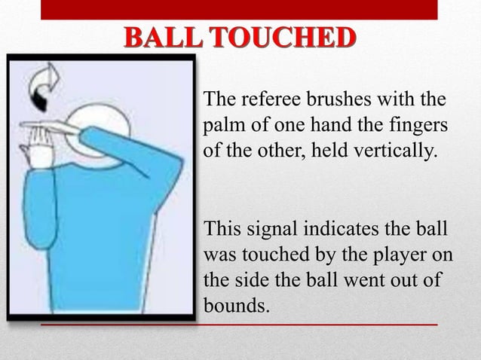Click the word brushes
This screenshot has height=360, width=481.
click(339, 99)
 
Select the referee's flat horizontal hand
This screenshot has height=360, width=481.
click(49, 127)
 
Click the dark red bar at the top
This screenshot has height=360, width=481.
click(238, 9)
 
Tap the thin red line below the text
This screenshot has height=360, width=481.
click(238, 324)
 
